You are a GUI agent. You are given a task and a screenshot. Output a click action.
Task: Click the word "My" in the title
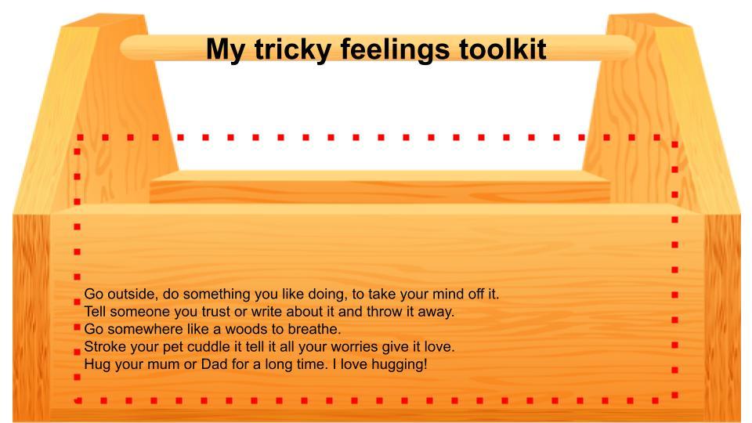[226, 50]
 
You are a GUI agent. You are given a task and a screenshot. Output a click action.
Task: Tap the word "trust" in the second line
[216, 311]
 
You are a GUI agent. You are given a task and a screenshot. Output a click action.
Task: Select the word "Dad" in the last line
[215, 364]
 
